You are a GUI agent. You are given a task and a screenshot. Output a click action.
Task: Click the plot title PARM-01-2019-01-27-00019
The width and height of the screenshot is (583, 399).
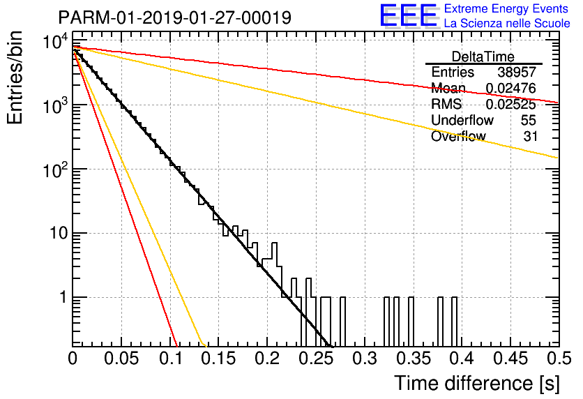click(x=175, y=17)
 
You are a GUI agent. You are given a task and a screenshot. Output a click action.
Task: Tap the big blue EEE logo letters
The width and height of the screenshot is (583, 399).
click(x=409, y=15)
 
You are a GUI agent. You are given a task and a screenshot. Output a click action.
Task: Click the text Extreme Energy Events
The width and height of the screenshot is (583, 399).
click(x=506, y=8)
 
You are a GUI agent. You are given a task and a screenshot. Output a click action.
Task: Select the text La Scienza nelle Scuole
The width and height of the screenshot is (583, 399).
click(x=507, y=23)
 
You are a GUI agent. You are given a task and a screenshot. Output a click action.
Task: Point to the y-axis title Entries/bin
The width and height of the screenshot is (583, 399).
click(x=15, y=78)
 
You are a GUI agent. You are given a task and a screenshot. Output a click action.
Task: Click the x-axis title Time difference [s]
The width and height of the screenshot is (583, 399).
click(x=477, y=383)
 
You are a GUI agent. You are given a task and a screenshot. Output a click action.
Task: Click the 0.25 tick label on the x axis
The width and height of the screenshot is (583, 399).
click(x=316, y=359)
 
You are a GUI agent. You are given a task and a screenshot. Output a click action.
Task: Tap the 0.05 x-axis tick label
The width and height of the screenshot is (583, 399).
click(x=121, y=359)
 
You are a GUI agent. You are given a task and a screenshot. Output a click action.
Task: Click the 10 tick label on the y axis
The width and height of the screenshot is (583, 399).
click(x=59, y=234)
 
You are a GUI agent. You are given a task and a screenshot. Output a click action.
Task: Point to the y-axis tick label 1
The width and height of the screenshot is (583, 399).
click(x=63, y=297)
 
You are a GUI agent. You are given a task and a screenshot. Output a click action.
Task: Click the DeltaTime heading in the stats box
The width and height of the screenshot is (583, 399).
click(x=483, y=57)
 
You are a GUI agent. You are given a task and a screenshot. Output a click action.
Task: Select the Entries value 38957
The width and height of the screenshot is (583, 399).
click(x=517, y=72)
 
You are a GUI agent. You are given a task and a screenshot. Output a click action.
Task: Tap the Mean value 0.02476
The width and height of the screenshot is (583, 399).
click(x=511, y=88)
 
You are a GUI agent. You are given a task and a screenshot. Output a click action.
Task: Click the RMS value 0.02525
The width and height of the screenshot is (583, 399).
click(x=511, y=104)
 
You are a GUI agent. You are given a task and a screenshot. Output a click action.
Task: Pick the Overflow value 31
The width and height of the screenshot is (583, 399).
click(x=530, y=136)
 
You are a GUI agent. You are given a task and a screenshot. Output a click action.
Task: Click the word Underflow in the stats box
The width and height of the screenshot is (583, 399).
click(x=462, y=120)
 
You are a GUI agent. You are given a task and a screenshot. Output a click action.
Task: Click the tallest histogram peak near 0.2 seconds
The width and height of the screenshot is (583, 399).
click(x=274, y=243)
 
